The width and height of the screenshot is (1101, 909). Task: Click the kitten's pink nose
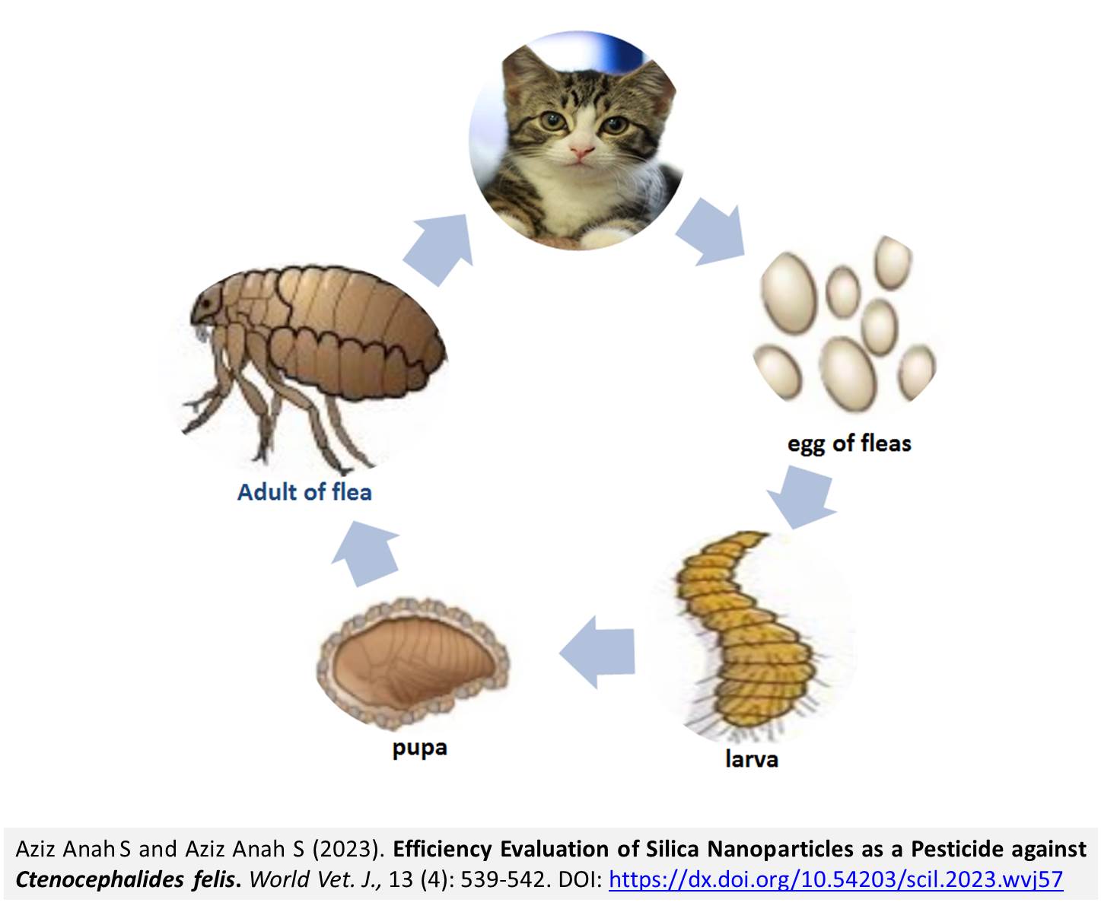point(581,152)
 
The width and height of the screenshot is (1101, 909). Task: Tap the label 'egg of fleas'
point(849,443)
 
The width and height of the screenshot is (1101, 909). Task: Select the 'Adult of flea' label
point(304,492)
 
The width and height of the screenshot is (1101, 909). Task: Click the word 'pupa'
point(420,748)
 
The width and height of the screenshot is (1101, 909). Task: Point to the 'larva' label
point(752,759)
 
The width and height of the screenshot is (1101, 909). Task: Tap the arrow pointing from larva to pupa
point(597,652)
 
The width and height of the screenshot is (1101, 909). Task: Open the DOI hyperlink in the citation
point(835,879)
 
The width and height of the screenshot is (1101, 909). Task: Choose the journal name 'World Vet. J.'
point(315,879)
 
